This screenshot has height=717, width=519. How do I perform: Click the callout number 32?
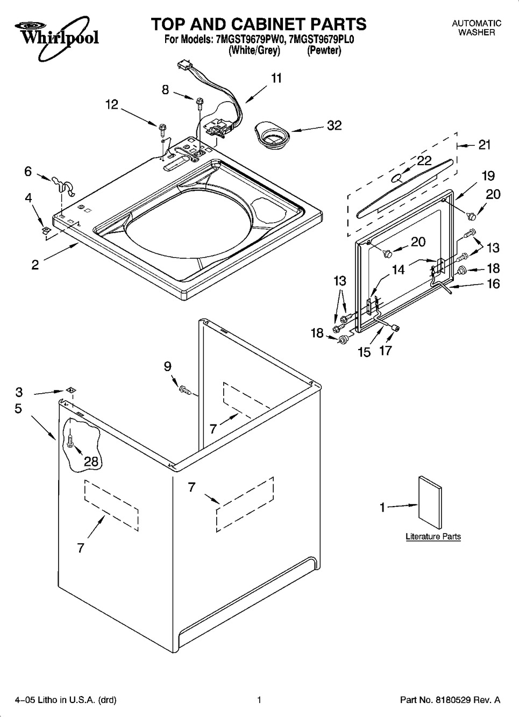[334, 125]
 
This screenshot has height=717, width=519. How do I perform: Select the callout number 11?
[276, 79]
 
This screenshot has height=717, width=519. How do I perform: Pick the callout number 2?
[35, 265]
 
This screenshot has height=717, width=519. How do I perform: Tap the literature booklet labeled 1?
[430, 498]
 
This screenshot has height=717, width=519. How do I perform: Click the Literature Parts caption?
[433, 536]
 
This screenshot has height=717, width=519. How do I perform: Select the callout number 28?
[91, 460]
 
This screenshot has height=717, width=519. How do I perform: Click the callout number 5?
[18, 409]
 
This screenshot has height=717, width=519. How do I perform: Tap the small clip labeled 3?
[70, 390]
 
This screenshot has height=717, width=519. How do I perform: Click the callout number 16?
[493, 284]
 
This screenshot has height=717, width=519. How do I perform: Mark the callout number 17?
[385, 351]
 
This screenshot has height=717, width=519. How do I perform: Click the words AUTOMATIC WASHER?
[476, 28]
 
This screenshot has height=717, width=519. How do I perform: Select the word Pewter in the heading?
[324, 51]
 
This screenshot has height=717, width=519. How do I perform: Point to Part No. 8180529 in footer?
[450, 700]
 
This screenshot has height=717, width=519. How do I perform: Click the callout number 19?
[488, 176]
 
